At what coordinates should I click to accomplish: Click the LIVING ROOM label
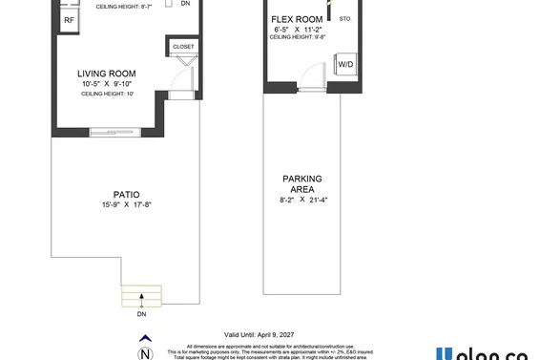106,73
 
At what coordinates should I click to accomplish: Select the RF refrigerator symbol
69,20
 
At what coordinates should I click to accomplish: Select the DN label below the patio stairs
141,314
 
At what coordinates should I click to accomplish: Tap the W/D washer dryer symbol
347,64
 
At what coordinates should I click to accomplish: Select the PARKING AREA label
301,184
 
